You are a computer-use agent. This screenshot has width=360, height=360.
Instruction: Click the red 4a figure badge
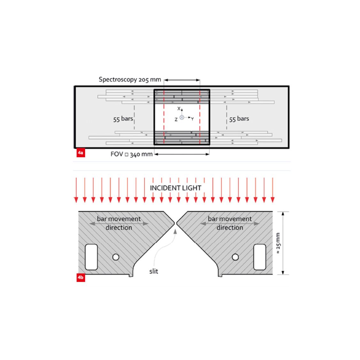pyautogui.click(x=81, y=153)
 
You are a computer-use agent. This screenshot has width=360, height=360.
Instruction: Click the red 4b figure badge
pyautogui.click(x=81, y=277)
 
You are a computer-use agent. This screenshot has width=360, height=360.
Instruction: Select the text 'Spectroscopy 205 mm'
pyautogui.click(x=130, y=80)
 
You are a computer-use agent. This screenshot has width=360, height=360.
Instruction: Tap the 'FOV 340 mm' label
pyautogui.click(x=131, y=154)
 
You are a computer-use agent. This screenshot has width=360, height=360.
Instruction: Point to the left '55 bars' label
pyautogui.click(x=123, y=119)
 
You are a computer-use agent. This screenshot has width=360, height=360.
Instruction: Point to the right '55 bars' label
pyautogui.click(x=239, y=119)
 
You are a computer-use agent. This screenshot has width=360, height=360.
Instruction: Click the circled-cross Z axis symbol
pyautogui.click(x=182, y=118)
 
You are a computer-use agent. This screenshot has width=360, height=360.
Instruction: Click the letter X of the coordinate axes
pyautogui.click(x=179, y=109)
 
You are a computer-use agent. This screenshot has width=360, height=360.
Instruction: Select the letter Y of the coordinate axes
pyautogui.click(x=192, y=119)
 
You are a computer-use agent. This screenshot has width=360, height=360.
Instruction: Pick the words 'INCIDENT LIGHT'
pyautogui.click(x=176, y=188)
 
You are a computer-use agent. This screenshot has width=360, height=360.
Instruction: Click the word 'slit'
pyautogui.click(x=153, y=271)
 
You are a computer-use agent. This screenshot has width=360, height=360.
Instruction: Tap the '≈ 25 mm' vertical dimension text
pyautogui.click(x=278, y=243)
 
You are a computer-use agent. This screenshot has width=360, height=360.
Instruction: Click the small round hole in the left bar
pyautogui.click(x=116, y=257)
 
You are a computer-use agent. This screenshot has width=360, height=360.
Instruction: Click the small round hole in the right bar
pyautogui.click(x=235, y=257)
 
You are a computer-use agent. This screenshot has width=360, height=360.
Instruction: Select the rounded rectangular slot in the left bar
pyautogui.click(x=91, y=257)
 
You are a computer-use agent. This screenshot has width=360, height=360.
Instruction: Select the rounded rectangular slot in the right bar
pyautogui.click(x=260, y=257)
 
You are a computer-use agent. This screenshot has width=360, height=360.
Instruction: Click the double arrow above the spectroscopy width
pyautogui.click(x=182, y=80)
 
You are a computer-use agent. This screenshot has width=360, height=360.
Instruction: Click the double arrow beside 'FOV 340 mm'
pyautogui.click(x=182, y=154)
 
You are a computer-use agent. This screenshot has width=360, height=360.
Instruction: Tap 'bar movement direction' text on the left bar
pyautogui.click(x=119, y=223)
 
